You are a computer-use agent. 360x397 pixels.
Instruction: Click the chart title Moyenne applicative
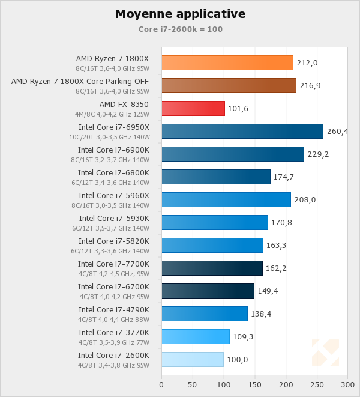pos(180,14)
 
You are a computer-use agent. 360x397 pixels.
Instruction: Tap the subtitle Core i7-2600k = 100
pos(180,29)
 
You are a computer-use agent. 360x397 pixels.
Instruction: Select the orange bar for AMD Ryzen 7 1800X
pos(227,62)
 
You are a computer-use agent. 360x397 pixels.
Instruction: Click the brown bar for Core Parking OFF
pos(229,85)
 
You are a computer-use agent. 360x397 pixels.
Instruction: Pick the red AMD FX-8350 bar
pos(193,108)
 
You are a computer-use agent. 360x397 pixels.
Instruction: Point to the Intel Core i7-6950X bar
pos(242,131)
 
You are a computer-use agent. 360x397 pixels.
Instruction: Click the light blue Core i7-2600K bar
pos(193,359)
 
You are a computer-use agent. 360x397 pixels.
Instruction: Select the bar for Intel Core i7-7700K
pos(212,268)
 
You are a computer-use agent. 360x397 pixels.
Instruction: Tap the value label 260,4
pos(337,132)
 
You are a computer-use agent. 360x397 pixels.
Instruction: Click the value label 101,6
pos(238,109)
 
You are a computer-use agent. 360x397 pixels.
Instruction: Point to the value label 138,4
pos(261,314)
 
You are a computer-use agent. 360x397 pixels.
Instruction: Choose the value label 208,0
pos(304,200)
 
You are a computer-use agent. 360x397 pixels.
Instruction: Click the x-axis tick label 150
pos(254,384)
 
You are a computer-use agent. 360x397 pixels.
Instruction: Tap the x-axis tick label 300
pos(347,384)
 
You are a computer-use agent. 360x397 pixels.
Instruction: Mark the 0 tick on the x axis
pos(161,384)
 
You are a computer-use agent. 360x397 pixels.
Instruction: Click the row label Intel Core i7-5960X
pos(113,196)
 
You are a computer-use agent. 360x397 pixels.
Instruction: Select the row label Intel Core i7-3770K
pos(113,333)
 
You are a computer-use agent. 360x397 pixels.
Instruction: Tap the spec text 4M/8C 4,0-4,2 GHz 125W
pos(112,114)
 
